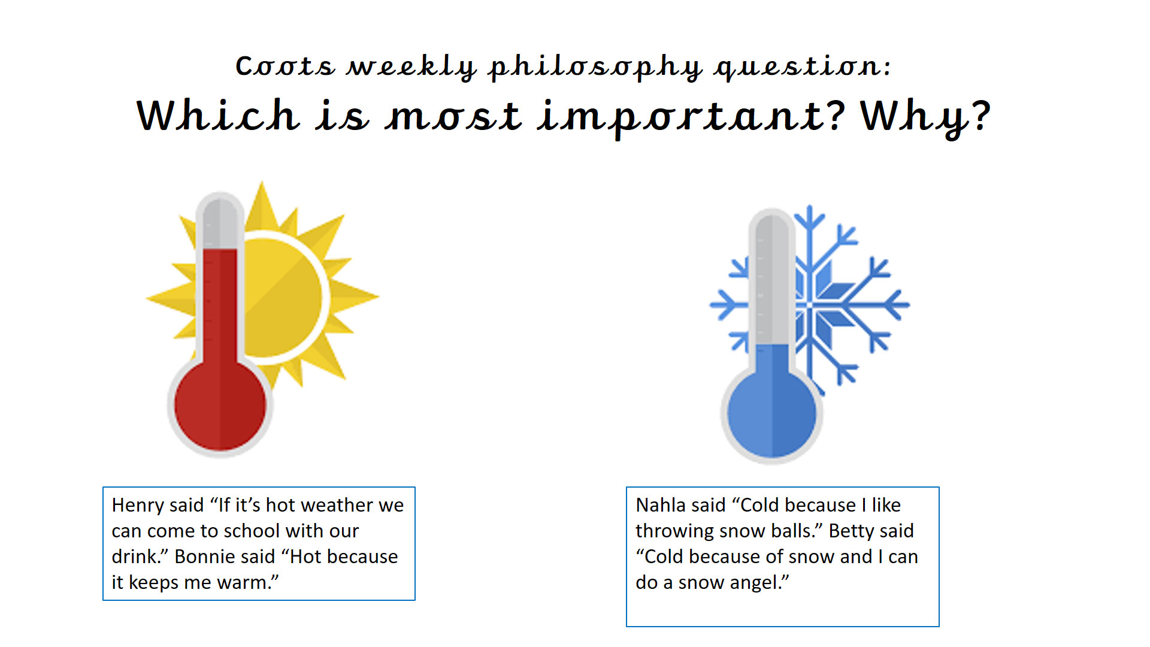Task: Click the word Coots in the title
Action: [285, 66]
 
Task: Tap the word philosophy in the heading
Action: [595, 67]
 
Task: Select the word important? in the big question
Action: [691, 117]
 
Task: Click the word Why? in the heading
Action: [925, 117]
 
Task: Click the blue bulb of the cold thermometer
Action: [771, 413]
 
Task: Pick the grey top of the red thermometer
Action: [220, 222]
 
